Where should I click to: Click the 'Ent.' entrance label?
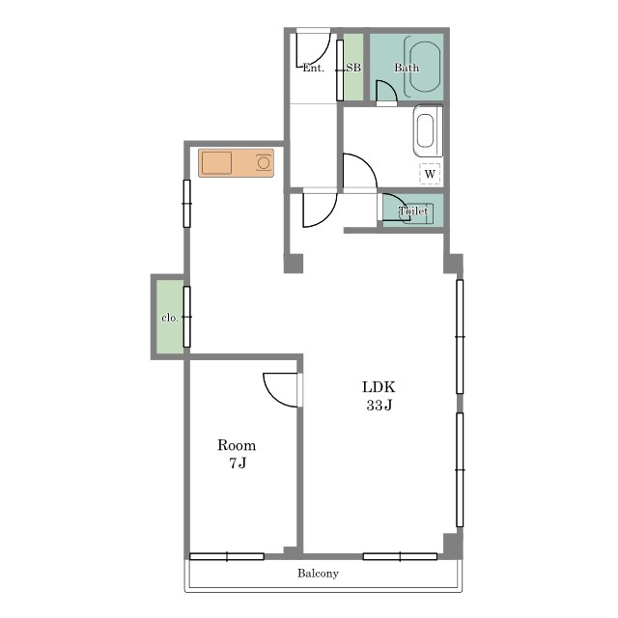pyautogui.click(x=313, y=69)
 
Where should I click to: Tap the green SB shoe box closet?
pyautogui.click(x=353, y=67)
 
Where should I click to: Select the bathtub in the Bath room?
pyautogui.click(x=425, y=67)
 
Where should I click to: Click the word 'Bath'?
pyautogui.click(x=407, y=68)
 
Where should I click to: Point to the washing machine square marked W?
pyautogui.click(x=430, y=174)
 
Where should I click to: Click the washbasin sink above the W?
pyautogui.click(x=428, y=131)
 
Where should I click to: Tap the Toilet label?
pyautogui.click(x=413, y=211)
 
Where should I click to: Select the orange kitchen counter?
pyautogui.click(x=236, y=163)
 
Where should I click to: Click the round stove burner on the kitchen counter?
pyautogui.click(x=264, y=163)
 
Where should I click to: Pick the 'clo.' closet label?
pyautogui.click(x=170, y=318)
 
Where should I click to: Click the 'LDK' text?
pyautogui.click(x=379, y=387)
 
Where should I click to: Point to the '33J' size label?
pyautogui.click(x=379, y=406)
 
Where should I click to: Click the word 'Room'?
pyautogui.click(x=237, y=445)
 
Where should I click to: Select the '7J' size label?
pyautogui.click(x=238, y=463)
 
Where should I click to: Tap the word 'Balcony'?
pyautogui.click(x=318, y=573)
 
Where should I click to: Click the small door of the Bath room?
pyautogui.click(x=386, y=92)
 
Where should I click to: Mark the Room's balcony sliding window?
pyautogui.click(x=227, y=556)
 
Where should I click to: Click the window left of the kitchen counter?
pyautogui.click(x=186, y=204)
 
